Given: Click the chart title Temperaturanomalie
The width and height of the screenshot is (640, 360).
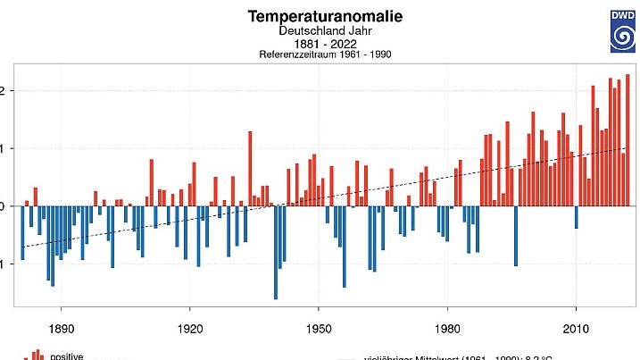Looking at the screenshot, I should tap(325, 16).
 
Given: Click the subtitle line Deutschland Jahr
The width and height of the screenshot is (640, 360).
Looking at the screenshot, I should tap(324, 31).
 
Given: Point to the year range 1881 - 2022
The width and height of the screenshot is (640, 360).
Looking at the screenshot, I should tap(324, 44).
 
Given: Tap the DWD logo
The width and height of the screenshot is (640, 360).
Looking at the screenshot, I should tap(622, 31).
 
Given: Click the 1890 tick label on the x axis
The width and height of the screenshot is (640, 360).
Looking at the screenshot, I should tap(61, 326).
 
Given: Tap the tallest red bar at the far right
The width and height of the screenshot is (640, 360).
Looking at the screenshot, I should tap(628, 139).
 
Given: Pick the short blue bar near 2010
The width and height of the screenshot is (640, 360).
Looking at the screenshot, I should tap(577, 216).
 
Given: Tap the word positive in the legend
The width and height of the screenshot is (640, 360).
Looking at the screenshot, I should tap(67, 356).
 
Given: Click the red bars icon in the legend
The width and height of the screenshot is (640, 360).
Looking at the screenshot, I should tap(37, 355).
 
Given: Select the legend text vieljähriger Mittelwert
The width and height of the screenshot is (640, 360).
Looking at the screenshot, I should tap(411, 356).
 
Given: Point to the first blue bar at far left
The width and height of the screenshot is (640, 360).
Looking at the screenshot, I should tap(22, 232).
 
